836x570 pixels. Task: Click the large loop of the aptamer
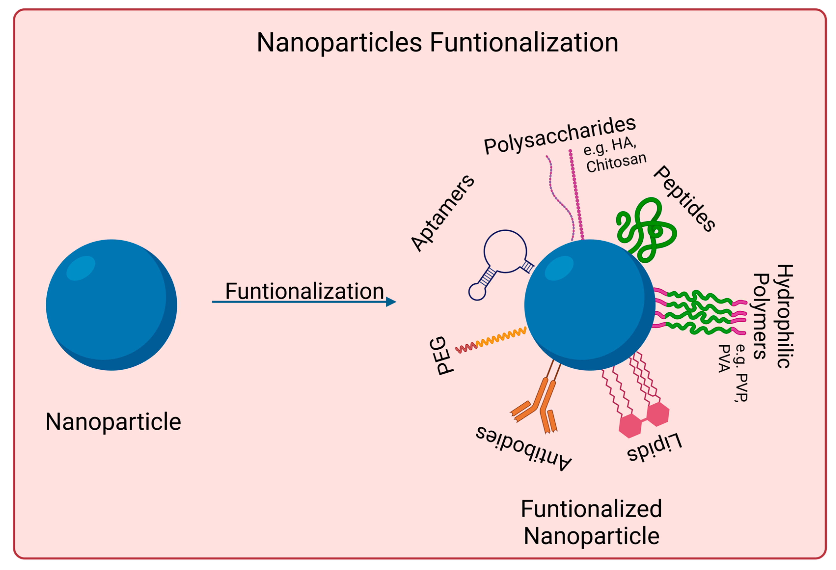pyautogui.click(x=505, y=251)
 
